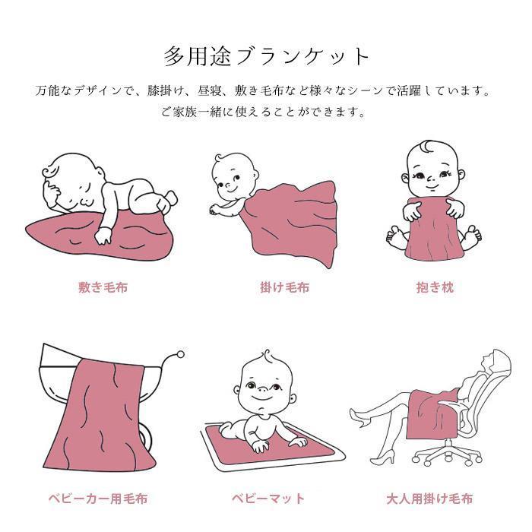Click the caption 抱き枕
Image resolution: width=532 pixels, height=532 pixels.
pyautogui.click(x=434, y=288)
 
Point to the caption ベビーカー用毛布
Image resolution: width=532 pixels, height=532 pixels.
pyautogui.click(x=98, y=499)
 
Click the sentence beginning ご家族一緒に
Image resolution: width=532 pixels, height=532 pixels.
pyautogui.click(x=266, y=112)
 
